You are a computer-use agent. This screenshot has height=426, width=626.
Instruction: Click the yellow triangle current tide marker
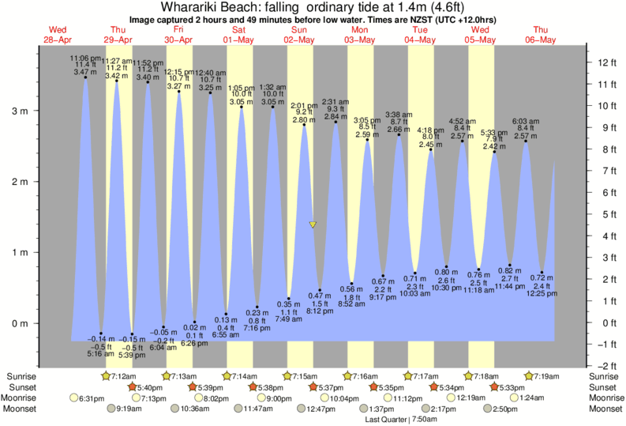click(313, 225)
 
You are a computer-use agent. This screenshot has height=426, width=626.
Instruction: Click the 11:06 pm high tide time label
click(84, 58)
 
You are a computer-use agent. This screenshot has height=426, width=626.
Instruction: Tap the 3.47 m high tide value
click(84, 73)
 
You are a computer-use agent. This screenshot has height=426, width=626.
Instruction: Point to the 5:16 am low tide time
click(100, 353)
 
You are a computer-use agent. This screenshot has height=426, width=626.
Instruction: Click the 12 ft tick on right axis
click(606, 62)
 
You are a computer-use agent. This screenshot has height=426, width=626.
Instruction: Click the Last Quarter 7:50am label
click(398, 419)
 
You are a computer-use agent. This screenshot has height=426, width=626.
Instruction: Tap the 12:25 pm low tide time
click(542, 293)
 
